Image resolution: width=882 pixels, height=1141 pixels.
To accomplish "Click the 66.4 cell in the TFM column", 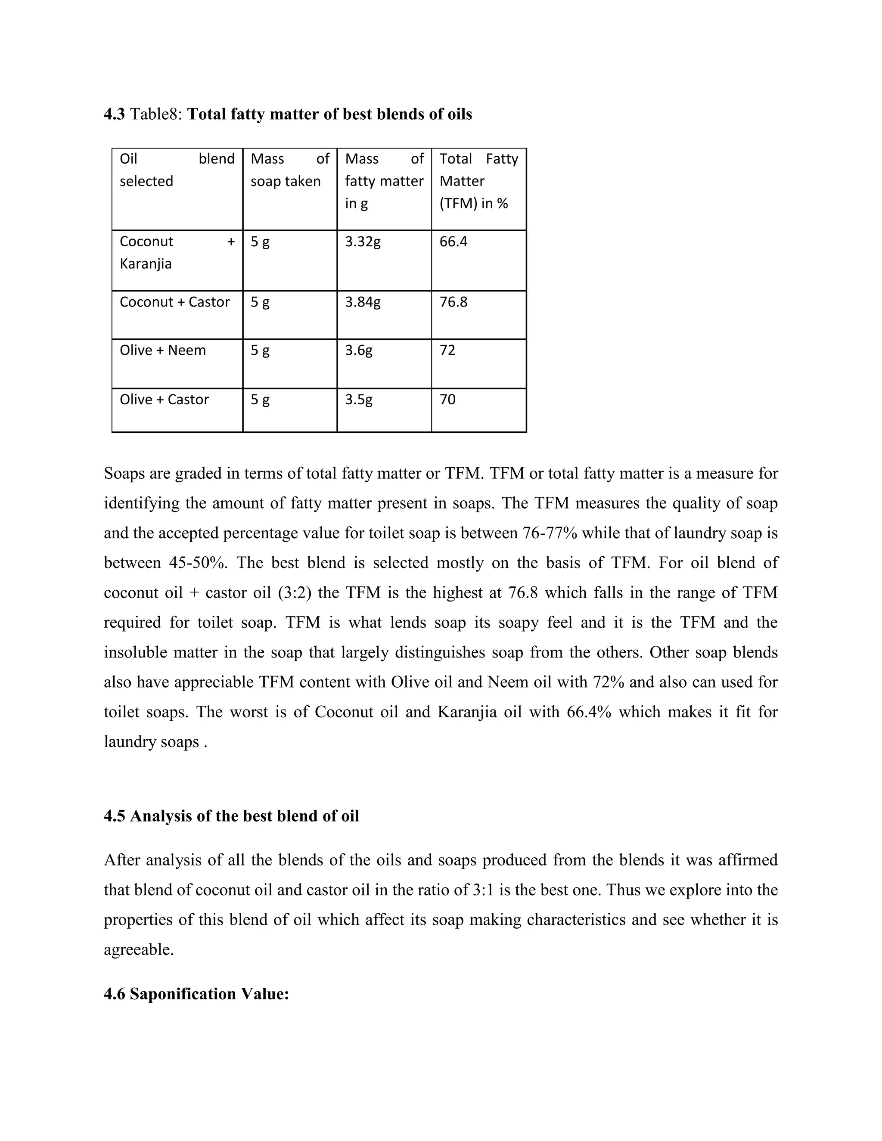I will coord(453,242).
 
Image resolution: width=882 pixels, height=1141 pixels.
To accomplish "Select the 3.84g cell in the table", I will coord(363,302).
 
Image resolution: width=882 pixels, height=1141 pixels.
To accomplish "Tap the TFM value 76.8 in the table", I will coord(453,302).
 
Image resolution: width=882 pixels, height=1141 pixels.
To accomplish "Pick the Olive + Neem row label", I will coord(162,350).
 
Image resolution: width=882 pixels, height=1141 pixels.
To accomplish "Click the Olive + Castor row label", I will coord(164,399).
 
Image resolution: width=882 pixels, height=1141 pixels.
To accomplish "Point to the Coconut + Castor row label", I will coord(174,302).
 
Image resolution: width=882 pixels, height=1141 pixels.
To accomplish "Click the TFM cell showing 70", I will coord(447,399).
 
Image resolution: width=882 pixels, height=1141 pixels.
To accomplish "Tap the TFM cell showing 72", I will coord(447,350).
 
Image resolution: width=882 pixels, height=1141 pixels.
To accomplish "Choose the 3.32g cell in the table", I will coord(363,242).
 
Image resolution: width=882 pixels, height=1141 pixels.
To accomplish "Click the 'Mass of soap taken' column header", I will coord(289,170).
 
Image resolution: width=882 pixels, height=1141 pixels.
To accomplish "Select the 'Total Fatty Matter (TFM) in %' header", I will coord(478,181).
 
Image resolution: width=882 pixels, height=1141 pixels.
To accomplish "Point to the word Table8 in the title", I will coord(155,114).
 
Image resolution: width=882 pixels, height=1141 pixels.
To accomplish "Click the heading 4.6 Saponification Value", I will coord(196,993).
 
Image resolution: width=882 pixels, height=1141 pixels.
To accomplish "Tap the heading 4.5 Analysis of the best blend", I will coord(231,816).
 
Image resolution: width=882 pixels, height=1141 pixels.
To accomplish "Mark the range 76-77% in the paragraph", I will coord(550,533).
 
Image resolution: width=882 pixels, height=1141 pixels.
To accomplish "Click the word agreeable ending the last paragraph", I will coord(139,950).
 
